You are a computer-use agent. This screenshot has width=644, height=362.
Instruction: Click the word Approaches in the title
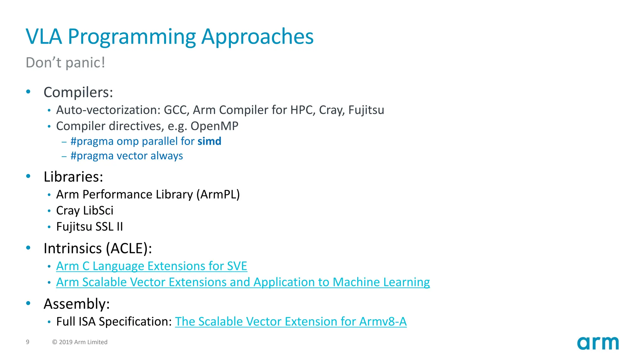[x=257, y=37]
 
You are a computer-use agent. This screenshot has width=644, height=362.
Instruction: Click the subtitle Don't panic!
[x=65, y=63]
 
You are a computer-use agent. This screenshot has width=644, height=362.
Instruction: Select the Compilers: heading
[x=78, y=92]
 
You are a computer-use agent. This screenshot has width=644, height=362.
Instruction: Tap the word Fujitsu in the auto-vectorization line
[x=366, y=110]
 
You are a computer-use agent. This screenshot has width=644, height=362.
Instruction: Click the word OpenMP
[x=214, y=126]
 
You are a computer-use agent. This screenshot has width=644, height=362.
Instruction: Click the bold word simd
[x=209, y=141]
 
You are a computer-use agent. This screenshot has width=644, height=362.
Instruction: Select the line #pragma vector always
[x=126, y=156]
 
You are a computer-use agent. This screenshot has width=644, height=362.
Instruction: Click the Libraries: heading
[x=73, y=177]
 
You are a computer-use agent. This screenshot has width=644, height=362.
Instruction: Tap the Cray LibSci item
[x=85, y=211]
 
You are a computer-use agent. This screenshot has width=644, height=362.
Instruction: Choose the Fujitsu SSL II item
[x=89, y=227]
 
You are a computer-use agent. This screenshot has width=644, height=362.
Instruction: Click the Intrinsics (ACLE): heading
[x=98, y=249]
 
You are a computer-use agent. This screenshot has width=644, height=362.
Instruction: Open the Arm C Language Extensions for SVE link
[x=152, y=266]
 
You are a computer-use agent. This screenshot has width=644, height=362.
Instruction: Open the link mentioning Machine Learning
[x=243, y=282]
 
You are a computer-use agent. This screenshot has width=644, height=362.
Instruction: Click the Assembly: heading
[x=77, y=304]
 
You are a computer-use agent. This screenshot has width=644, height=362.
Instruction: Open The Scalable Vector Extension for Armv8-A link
[x=291, y=321]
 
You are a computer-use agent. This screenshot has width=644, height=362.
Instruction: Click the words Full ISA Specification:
[x=114, y=321]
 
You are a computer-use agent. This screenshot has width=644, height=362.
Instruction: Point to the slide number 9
[x=28, y=342]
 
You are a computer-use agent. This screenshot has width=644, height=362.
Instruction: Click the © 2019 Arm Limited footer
[x=80, y=342]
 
